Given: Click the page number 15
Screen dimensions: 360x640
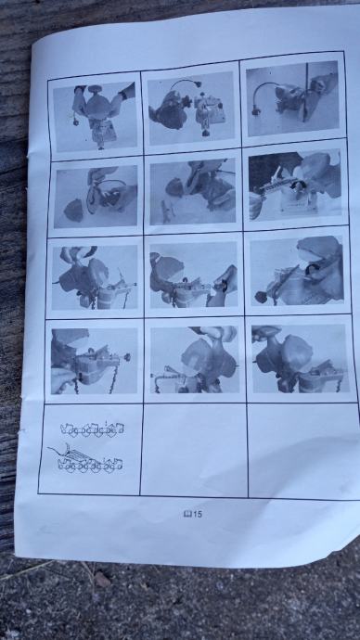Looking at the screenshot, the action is (x=197, y=514).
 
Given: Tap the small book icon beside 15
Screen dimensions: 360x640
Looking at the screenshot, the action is (x=187, y=514).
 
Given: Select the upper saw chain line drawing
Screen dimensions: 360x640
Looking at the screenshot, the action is (x=92, y=429).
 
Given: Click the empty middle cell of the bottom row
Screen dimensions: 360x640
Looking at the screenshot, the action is (x=194, y=449).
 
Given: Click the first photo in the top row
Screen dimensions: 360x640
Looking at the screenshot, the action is (x=95, y=116).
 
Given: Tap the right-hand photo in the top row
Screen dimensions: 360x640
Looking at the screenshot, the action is (x=292, y=98).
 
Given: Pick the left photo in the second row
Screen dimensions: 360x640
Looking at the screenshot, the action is (x=96, y=196).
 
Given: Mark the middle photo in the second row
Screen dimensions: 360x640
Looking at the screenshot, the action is (x=193, y=191).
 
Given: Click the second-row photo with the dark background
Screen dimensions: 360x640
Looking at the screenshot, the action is (x=294, y=185).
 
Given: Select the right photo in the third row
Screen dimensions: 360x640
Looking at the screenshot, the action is (x=296, y=271).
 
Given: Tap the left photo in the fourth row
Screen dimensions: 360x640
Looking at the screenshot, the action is (x=95, y=361).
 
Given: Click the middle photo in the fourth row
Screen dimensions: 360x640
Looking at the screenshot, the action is (x=195, y=360).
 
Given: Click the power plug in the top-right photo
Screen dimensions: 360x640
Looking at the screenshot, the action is (x=257, y=109).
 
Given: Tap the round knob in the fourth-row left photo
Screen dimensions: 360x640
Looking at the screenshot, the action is (x=127, y=357).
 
